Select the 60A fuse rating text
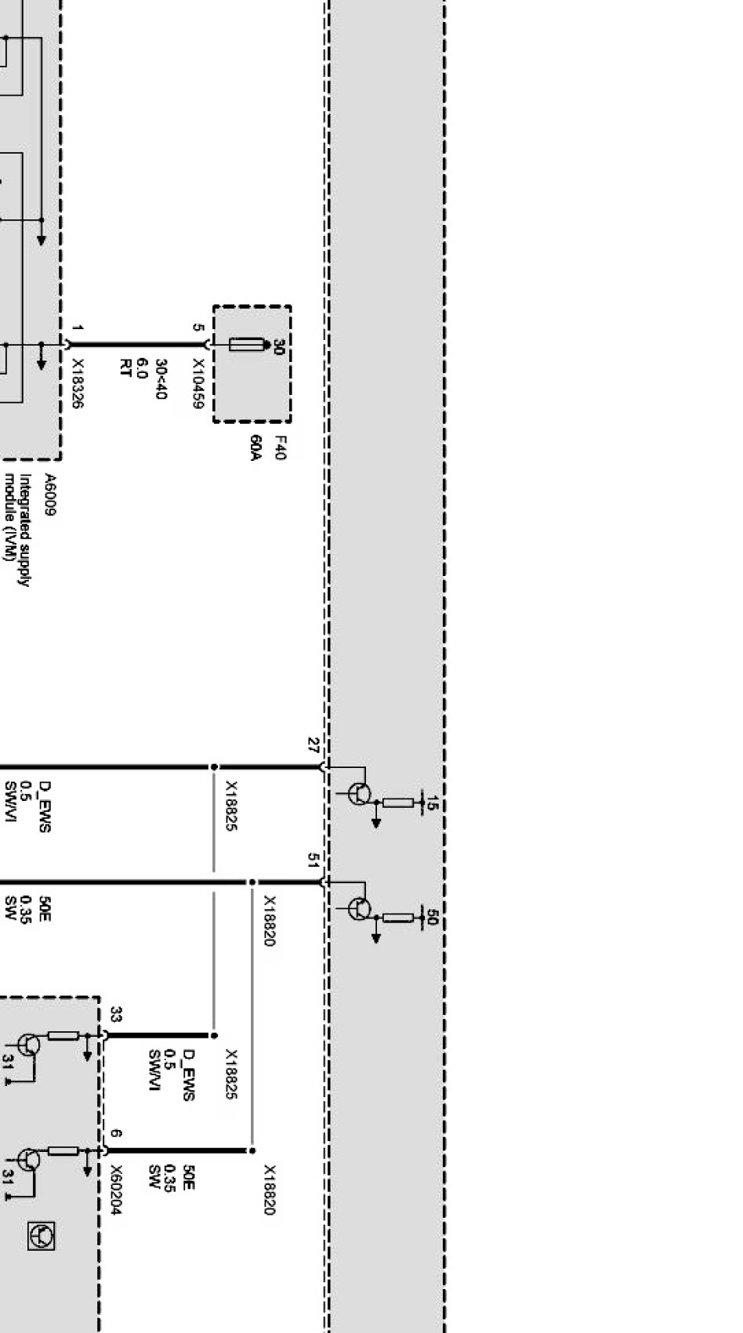(x=256, y=448)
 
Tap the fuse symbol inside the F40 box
(x=245, y=345)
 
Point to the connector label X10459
(x=198, y=384)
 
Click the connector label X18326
(x=78, y=384)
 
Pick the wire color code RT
(x=125, y=368)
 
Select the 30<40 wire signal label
(x=161, y=379)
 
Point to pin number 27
(x=314, y=745)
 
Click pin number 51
(x=314, y=860)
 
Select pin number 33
(x=116, y=1015)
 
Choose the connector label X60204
(x=115, y=1190)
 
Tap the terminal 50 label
(x=431, y=917)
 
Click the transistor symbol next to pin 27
(x=359, y=794)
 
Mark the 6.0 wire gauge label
(x=143, y=368)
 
